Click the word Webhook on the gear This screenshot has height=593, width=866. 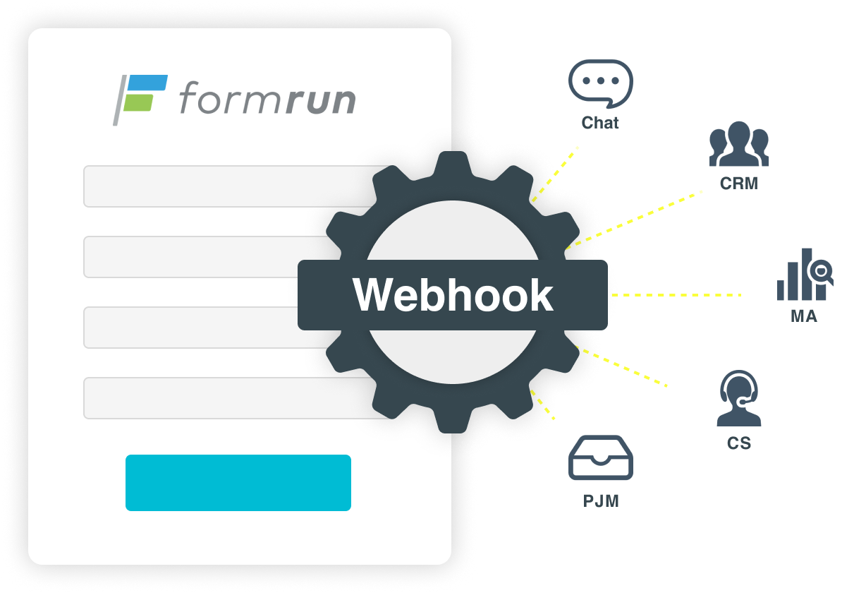tap(453, 295)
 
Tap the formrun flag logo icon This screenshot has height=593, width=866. tap(140, 98)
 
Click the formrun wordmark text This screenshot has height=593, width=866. tap(267, 99)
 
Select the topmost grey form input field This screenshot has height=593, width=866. tap(226, 186)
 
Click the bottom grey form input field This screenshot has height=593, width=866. tap(226, 398)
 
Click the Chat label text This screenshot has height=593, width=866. tap(600, 123)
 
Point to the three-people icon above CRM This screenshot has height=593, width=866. tap(738, 144)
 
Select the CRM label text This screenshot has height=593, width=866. tap(738, 184)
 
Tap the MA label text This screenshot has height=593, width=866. tap(803, 316)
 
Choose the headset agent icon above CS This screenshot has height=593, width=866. tap(738, 399)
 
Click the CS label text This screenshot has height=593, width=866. tap(738, 444)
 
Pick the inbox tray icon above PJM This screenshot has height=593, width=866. tap(600, 459)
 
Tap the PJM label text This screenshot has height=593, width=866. tap(600, 501)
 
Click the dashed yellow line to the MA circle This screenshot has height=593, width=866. tap(677, 294)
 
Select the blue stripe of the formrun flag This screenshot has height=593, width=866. tap(149, 83)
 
